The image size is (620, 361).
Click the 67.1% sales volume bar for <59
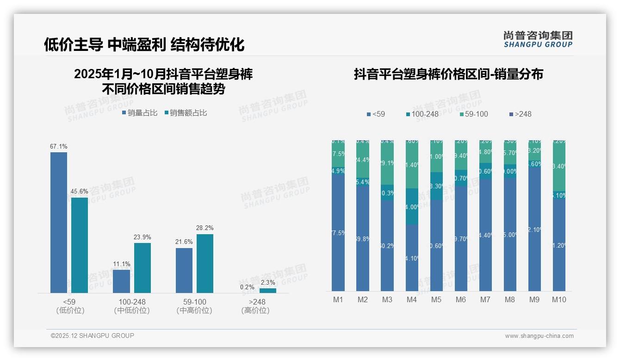click(59, 222)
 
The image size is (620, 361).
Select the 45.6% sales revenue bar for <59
click(80, 245)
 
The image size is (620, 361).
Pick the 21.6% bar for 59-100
click(184, 270)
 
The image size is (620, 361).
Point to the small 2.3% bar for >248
click(267, 291)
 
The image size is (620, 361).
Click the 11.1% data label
click(122, 264)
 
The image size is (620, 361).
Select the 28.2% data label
click(205, 228)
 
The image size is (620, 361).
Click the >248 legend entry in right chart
click(520, 114)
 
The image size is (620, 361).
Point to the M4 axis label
click(412, 300)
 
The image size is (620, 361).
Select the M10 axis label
click(559, 300)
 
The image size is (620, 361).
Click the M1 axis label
click(338, 300)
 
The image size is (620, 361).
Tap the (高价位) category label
click(255, 311)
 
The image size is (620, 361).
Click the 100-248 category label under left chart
click(132, 302)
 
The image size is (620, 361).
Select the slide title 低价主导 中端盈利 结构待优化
click(144, 44)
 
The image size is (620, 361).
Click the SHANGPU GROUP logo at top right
click(538, 39)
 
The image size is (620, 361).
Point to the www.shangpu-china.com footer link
click(539, 336)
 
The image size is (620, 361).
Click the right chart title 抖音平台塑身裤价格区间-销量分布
click(448, 75)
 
